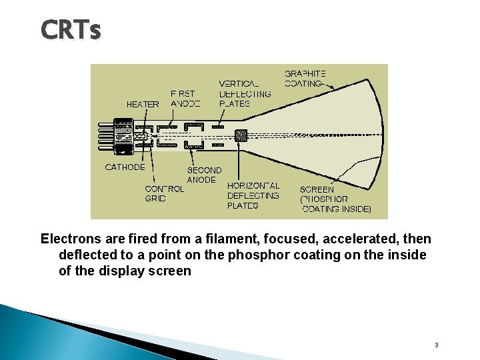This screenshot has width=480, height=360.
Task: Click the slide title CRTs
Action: tap(71, 30)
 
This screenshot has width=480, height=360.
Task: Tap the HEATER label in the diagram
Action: tap(143, 104)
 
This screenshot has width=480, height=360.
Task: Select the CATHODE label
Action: tap(125, 167)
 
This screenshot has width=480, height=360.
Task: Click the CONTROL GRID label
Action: tap(164, 193)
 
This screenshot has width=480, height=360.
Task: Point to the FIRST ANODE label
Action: tap(185, 99)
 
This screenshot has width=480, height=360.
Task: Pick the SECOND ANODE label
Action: tap(203, 175)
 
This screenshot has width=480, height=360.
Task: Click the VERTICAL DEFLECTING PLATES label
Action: tap(245, 93)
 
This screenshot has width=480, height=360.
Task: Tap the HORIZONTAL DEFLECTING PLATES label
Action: tap(253, 195)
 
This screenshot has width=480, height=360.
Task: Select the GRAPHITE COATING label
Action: tap(305, 79)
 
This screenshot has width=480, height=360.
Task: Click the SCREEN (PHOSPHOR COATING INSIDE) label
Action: tap(335, 199)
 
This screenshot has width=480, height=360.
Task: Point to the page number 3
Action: tap(436, 345)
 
